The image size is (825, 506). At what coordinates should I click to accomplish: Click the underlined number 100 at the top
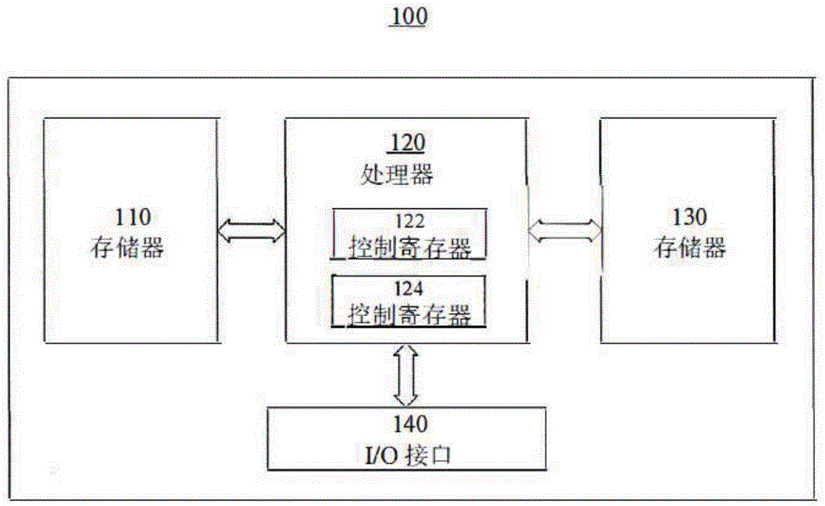tap(409, 17)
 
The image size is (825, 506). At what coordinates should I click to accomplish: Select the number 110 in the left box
tap(132, 217)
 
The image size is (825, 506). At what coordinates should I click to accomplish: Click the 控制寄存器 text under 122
tap(409, 247)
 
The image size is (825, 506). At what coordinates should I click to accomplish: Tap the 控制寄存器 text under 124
tap(409, 314)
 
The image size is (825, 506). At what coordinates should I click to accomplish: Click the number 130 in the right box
tap(689, 217)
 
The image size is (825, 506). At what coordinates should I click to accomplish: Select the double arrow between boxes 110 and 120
tap(251, 229)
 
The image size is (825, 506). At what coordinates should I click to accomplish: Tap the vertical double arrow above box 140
tap(407, 375)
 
